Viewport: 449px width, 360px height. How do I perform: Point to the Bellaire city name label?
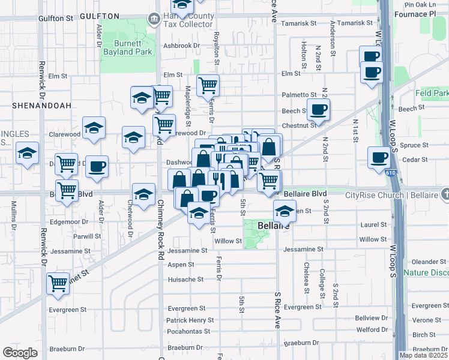coord(274,226)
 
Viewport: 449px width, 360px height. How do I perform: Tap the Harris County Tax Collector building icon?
coord(154,19)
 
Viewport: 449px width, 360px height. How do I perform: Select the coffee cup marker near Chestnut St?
coord(318,110)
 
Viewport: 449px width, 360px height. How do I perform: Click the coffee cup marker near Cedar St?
coord(379,158)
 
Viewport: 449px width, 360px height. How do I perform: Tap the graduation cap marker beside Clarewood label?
coord(94,128)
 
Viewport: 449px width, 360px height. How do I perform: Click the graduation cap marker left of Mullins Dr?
coord(27,154)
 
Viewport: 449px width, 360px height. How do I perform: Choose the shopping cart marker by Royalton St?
coord(208,85)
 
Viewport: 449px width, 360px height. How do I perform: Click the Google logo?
coord(20,353)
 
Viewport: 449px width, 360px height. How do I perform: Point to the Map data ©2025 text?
coord(423,355)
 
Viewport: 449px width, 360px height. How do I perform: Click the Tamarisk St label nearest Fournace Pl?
coord(355,23)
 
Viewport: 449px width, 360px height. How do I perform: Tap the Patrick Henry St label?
coord(190,320)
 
